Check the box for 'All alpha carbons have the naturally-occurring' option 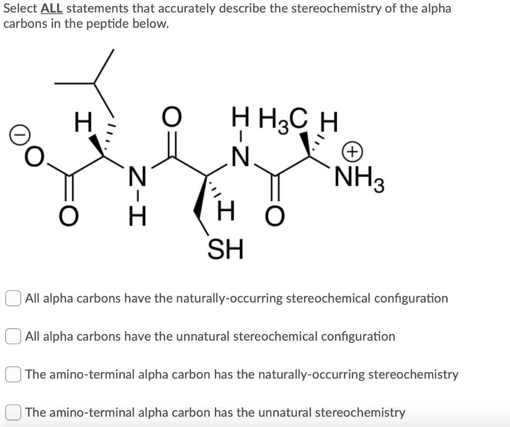[13, 299]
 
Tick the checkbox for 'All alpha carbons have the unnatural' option [13, 337]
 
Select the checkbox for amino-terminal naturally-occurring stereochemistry [13, 375]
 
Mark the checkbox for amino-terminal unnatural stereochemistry [13, 413]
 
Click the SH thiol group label [225, 249]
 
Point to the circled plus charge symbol [353, 152]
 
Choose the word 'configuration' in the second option [358, 337]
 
